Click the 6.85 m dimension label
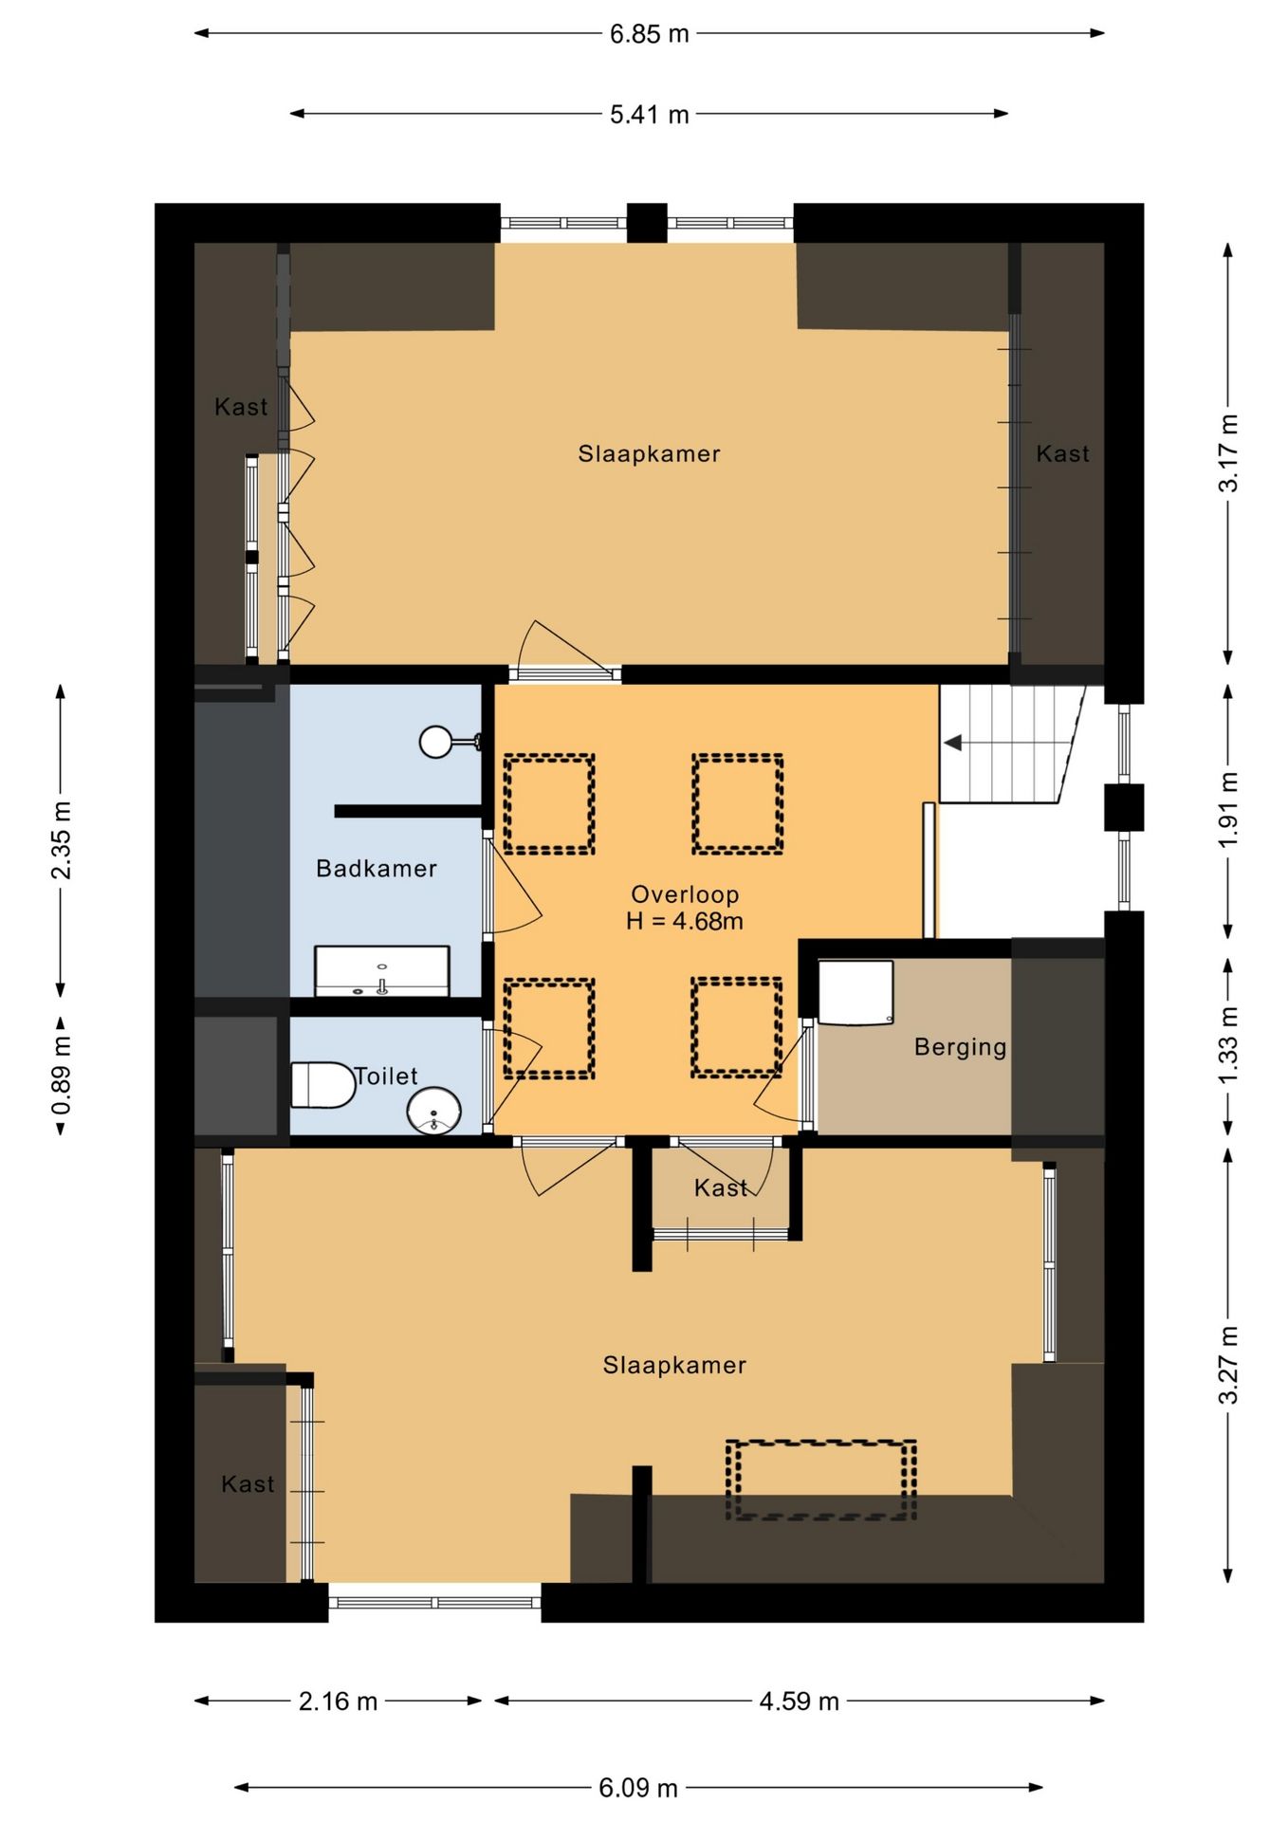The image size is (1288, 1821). click(x=649, y=34)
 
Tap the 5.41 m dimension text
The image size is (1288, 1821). click(x=649, y=115)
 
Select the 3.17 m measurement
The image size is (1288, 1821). click(x=1228, y=453)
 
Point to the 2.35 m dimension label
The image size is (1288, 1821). click(x=61, y=840)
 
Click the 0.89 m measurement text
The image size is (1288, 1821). click(x=61, y=1076)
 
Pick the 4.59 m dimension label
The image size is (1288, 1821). click(x=799, y=1701)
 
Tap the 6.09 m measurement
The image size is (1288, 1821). click(x=638, y=1788)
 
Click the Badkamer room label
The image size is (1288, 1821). click(x=377, y=868)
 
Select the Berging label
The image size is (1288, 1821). click(x=960, y=1047)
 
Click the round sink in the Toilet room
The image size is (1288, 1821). click(x=434, y=1111)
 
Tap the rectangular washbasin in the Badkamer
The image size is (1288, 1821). click(x=382, y=970)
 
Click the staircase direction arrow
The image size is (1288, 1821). click(x=953, y=743)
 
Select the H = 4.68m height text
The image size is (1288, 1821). click(x=685, y=921)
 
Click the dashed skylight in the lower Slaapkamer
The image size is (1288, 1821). click(x=821, y=1481)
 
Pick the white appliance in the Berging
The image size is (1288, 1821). click(x=856, y=992)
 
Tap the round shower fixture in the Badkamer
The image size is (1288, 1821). click(x=436, y=742)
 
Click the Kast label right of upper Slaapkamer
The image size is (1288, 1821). click(x=1062, y=453)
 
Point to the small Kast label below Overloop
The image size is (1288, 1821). click(x=721, y=1187)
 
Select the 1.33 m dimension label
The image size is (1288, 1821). click(x=1228, y=1046)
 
